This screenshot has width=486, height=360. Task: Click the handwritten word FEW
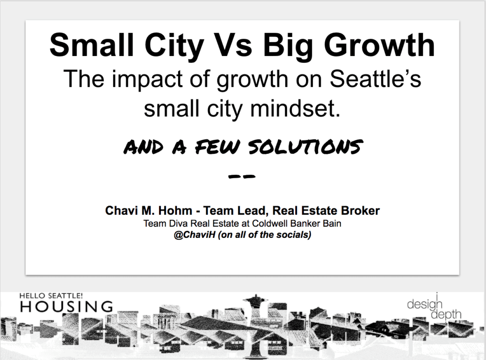pyautogui.click(x=217, y=147)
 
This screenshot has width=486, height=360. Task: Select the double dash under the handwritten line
pyautogui.click(x=242, y=177)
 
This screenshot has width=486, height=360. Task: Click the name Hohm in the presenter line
pyautogui.click(x=175, y=210)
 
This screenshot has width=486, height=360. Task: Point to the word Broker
pyautogui.click(x=360, y=210)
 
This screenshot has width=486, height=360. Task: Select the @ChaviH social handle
pyautogui.click(x=194, y=235)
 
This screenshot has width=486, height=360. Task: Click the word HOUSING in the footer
pyautogui.click(x=66, y=306)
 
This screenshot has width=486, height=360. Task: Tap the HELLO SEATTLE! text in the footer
pyautogui.click(x=51, y=296)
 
